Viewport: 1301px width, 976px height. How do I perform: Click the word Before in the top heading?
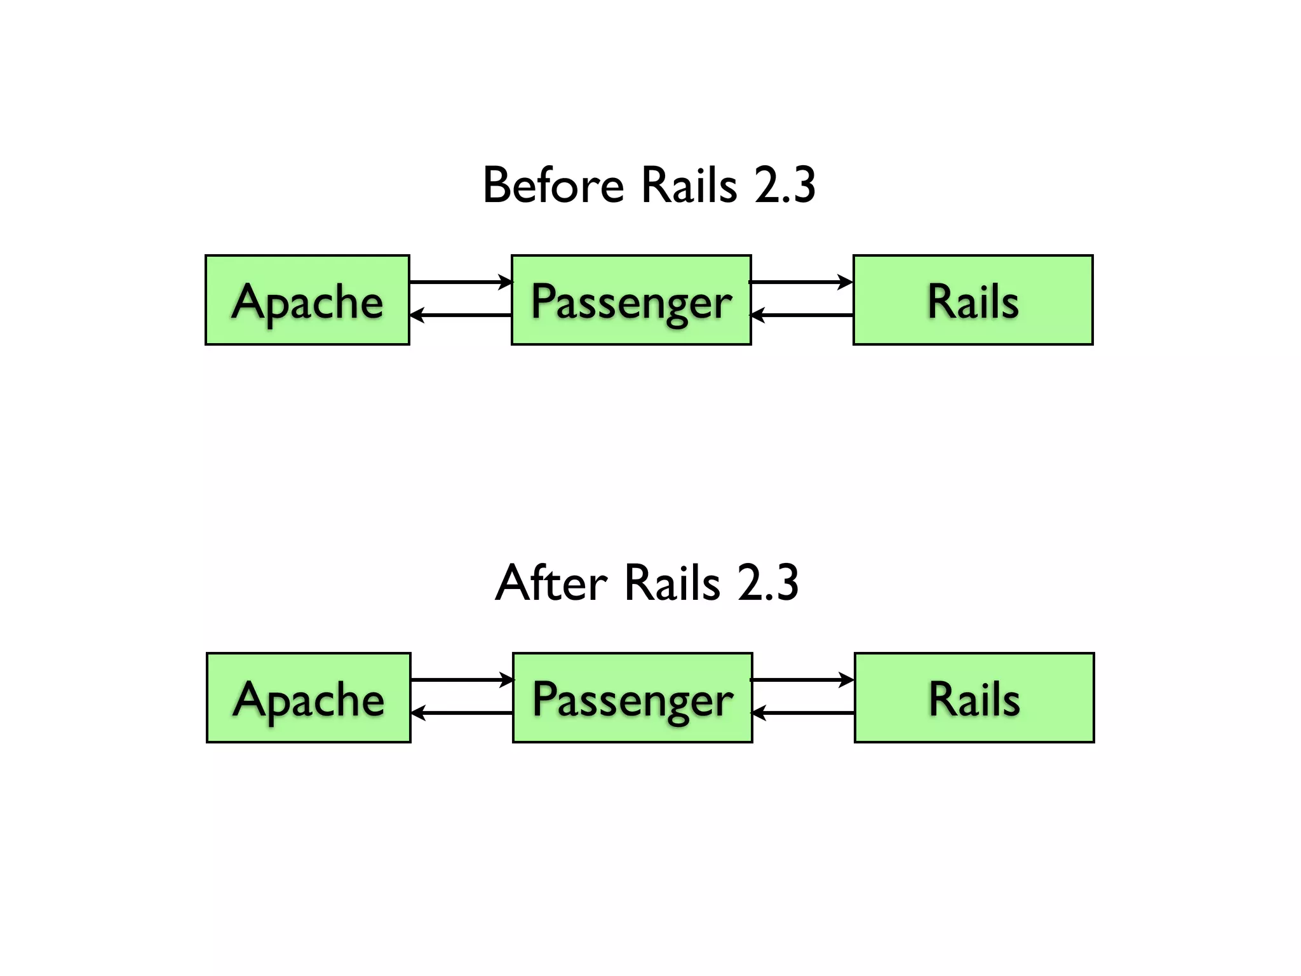[553, 186]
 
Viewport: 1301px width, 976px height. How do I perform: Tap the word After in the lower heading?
[551, 583]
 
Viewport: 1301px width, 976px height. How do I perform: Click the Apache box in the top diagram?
[307, 300]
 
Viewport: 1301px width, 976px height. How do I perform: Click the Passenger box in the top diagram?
[631, 300]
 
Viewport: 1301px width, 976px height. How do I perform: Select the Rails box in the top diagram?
[973, 300]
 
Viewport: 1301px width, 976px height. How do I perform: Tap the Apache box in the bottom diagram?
[309, 698]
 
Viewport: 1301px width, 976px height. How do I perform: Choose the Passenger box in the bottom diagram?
[632, 698]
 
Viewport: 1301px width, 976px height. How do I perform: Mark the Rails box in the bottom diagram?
[974, 698]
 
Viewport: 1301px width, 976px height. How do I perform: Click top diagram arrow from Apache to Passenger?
[461, 281]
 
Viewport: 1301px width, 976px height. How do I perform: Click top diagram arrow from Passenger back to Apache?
[461, 315]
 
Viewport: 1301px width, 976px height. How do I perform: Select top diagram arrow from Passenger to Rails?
[802, 281]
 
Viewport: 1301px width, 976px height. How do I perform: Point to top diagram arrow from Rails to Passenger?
[802, 315]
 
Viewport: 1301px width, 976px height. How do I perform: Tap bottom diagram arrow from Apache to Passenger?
[462, 680]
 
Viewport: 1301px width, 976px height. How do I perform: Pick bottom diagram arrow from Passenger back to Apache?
[462, 714]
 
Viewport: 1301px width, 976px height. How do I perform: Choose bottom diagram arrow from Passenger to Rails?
[803, 680]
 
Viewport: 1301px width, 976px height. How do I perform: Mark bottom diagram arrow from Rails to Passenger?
[803, 714]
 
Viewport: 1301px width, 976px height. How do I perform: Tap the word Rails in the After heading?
[672, 583]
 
